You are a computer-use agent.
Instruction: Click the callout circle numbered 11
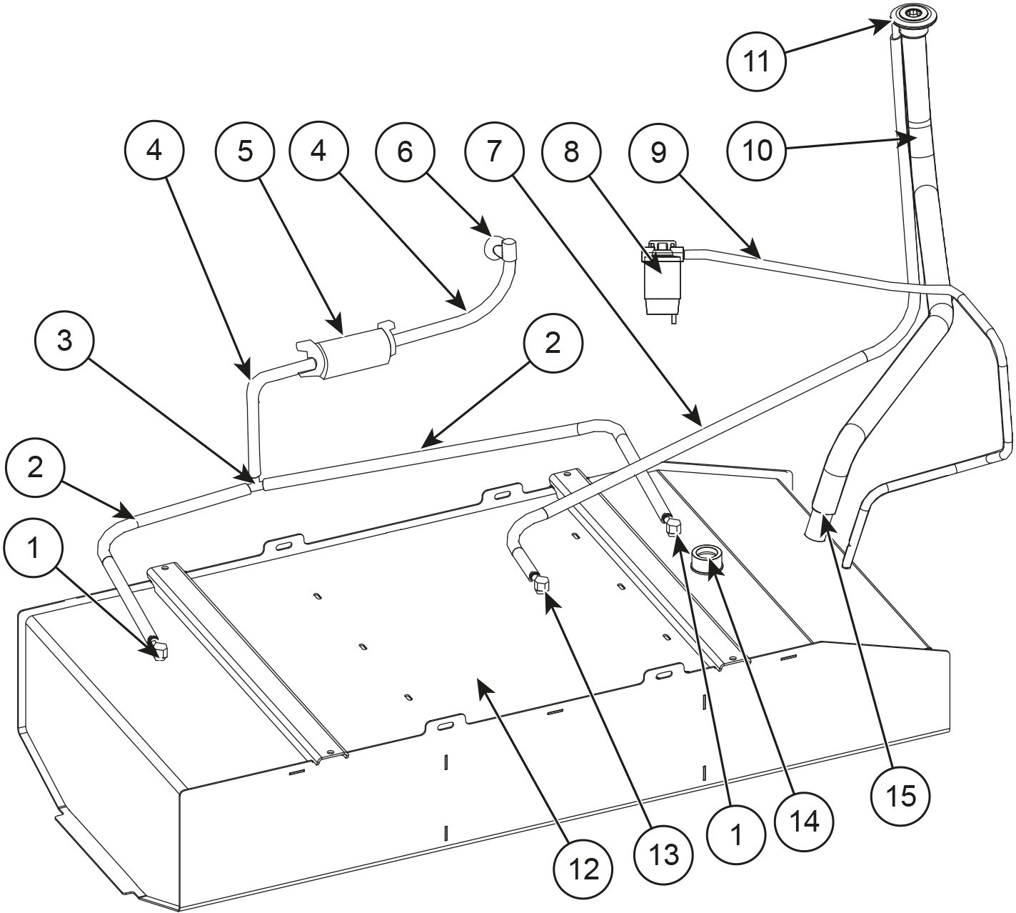tap(757, 61)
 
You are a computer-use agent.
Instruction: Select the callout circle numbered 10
tap(757, 151)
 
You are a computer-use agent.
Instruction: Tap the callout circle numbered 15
tap(901, 794)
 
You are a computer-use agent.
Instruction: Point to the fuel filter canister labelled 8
tap(662, 282)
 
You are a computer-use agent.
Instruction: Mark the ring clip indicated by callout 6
tap(492, 246)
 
